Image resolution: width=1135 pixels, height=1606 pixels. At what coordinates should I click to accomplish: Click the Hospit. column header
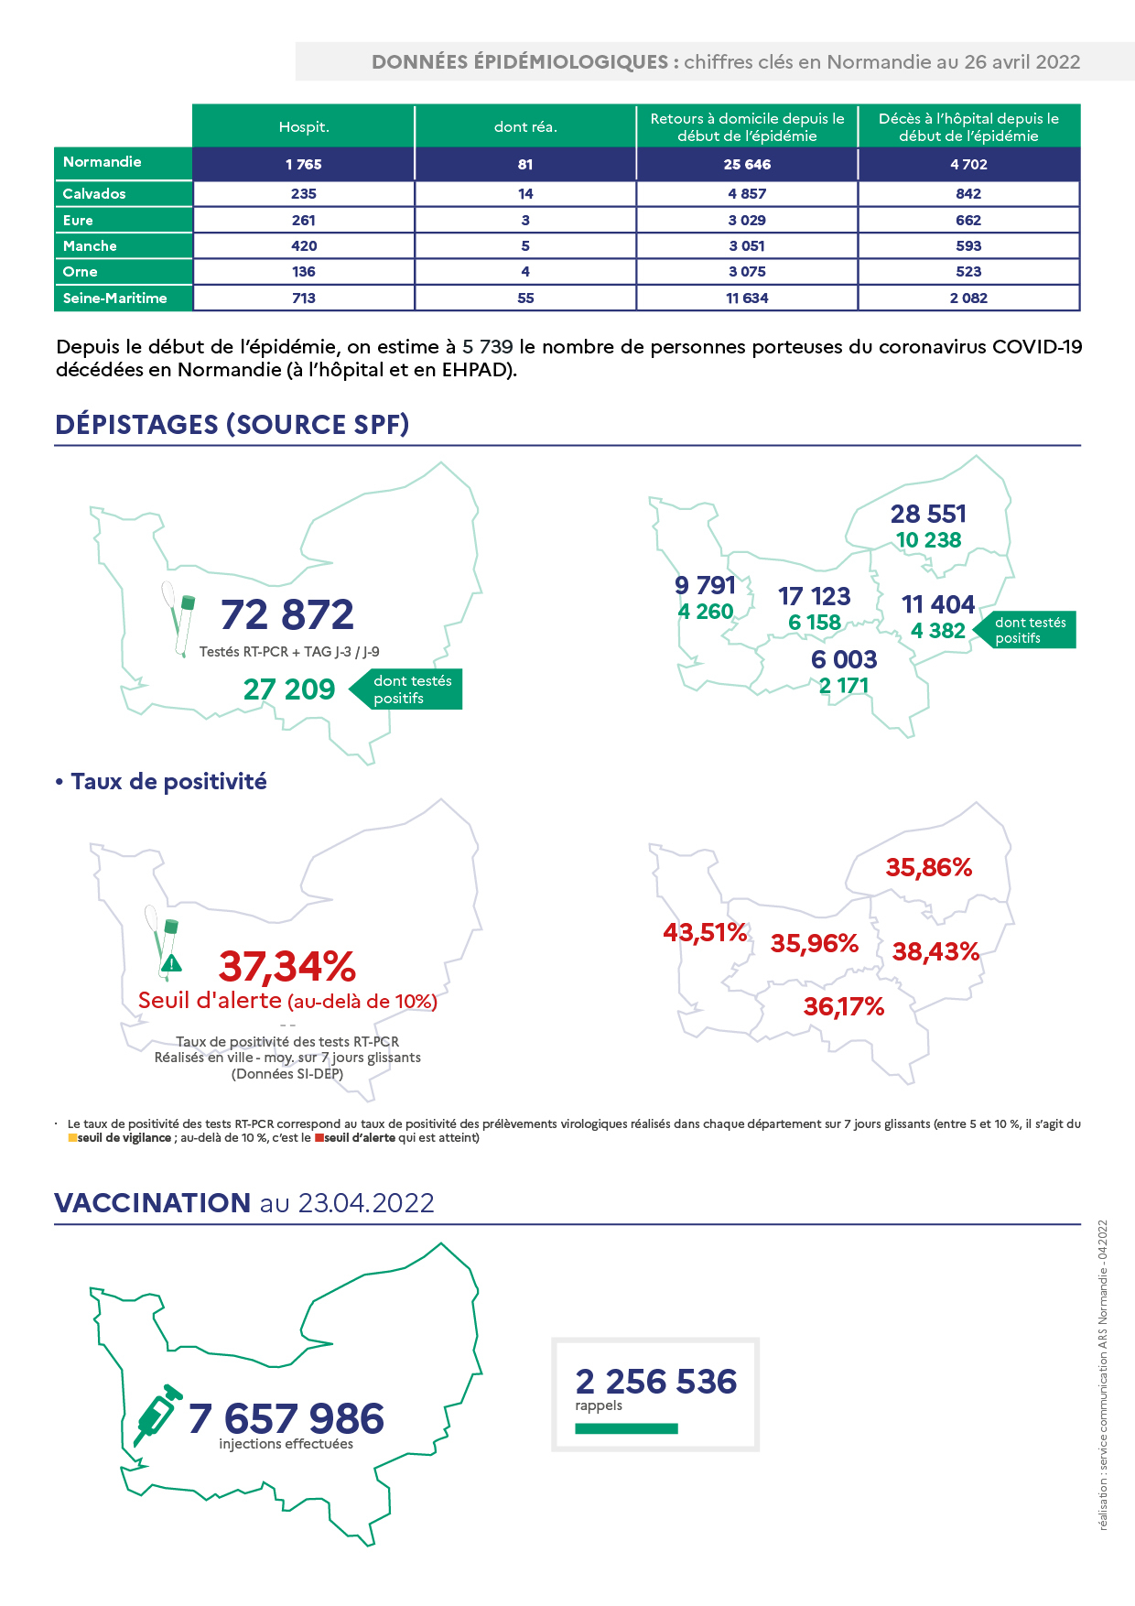pyautogui.click(x=304, y=126)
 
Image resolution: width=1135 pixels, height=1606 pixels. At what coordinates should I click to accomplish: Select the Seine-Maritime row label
pyautogui.click(x=115, y=298)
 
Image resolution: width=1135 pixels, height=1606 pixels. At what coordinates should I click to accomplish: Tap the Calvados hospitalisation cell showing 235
pyautogui.click(x=304, y=194)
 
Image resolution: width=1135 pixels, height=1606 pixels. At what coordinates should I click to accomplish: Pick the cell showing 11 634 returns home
pyautogui.click(x=747, y=298)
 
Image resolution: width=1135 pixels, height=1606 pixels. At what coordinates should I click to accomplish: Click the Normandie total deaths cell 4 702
pyautogui.click(x=968, y=164)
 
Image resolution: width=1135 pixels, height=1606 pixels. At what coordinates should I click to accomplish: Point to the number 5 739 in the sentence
pyautogui.click(x=488, y=347)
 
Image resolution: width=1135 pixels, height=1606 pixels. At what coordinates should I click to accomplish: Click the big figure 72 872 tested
pyautogui.click(x=287, y=614)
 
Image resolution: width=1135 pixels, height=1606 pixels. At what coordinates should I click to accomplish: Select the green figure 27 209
pyautogui.click(x=289, y=689)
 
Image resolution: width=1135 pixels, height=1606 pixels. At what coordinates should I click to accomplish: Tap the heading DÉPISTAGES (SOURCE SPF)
pyautogui.click(x=232, y=425)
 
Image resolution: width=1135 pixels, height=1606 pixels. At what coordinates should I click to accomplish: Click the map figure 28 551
pyautogui.click(x=928, y=514)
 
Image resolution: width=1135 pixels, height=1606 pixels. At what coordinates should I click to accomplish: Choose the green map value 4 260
pyautogui.click(x=706, y=612)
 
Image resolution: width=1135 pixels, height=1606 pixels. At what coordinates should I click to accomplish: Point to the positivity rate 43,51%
pyautogui.click(x=706, y=932)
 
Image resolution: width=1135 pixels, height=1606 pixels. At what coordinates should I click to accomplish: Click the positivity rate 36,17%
pyautogui.click(x=844, y=1007)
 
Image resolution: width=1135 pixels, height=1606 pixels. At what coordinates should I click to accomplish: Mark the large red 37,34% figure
pyautogui.click(x=287, y=966)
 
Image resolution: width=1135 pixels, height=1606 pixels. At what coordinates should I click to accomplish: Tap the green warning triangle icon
pyautogui.click(x=171, y=963)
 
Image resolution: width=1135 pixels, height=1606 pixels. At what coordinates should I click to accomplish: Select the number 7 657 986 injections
pyautogui.click(x=286, y=1418)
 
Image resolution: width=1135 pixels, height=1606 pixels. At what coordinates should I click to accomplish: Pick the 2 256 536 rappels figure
pyautogui.click(x=656, y=1381)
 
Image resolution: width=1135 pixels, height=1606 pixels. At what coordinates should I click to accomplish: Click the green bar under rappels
pyautogui.click(x=627, y=1428)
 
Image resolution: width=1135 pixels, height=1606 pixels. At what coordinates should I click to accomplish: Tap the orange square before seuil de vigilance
pyautogui.click(x=72, y=1138)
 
